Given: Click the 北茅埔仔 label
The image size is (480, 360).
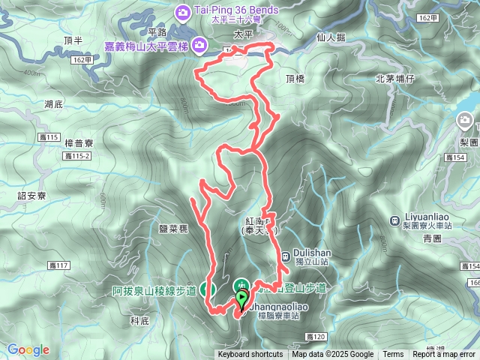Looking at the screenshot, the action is pyautogui.click(x=394, y=77).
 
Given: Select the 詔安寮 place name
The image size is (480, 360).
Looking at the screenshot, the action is pyautogui.click(x=32, y=196).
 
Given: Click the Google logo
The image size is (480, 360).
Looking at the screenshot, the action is pyautogui.click(x=28, y=349).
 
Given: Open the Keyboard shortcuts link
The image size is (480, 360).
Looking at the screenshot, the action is pyautogui.click(x=250, y=355).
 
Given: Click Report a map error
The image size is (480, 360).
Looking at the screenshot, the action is pyautogui.click(x=445, y=355).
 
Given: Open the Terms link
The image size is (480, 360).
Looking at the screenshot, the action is pyautogui.click(x=393, y=355).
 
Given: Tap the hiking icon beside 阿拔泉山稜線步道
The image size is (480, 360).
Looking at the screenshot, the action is pyautogui.click(x=211, y=289).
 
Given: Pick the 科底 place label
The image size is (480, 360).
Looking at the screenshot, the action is pyautogui.click(x=140, y=320).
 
